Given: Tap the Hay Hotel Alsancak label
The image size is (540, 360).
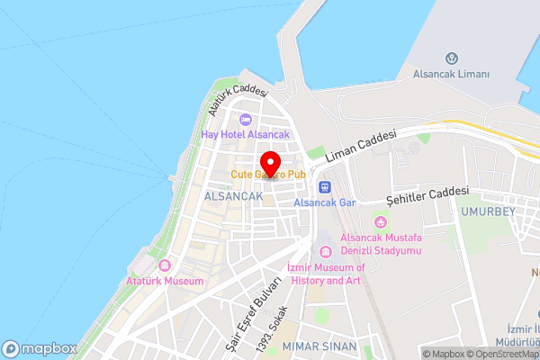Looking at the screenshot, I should point(245,135).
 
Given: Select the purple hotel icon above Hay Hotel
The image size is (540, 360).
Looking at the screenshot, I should point(245,121).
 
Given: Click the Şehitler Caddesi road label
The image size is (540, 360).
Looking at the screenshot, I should point(427,194).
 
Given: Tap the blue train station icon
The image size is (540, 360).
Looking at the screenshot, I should point(325,187).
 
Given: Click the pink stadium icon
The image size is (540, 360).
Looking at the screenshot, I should point(381,221).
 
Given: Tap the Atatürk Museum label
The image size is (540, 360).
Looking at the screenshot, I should point(166,281).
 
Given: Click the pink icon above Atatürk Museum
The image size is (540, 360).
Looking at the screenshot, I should point(165,266).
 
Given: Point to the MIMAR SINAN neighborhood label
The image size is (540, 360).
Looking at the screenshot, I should point(319,346).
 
